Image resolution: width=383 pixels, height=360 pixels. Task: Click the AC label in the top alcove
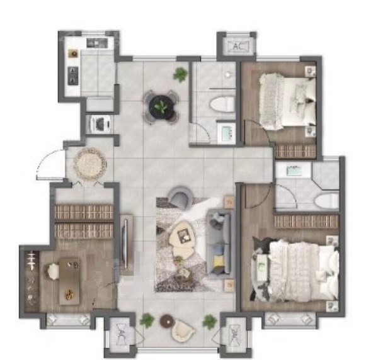[x=238, y=47]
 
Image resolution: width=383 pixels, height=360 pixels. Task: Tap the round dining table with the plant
[x=161, y=107]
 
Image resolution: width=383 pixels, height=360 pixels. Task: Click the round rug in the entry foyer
[x=90, y=163]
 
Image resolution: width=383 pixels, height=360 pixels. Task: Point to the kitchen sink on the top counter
[x=97, y=43]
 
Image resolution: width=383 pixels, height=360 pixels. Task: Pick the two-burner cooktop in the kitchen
[x=73, y=76]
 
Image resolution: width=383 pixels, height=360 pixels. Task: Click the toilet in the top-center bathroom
[x=222, y=104]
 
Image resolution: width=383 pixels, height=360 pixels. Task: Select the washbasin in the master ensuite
[x=294, y=171]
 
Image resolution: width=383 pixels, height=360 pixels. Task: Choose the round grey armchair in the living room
[x=180, y=196]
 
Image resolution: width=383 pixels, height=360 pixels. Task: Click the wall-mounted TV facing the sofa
[x=126, y=244]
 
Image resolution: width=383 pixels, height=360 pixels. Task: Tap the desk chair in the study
[x=52, y=271]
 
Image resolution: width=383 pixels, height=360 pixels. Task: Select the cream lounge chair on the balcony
[x=183, y=331]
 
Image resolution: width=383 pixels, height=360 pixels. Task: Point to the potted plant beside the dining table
[x=180, y=74]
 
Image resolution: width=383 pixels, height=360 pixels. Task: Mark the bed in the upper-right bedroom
[x=287, y=101]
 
